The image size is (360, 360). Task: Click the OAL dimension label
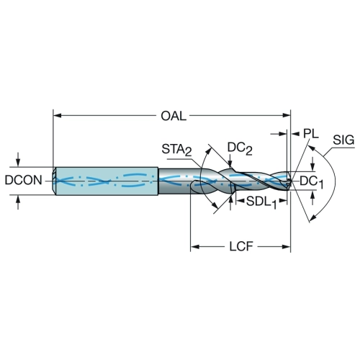174,116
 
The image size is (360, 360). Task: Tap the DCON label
24,180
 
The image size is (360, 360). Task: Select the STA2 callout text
177,150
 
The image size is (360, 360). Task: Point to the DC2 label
240,148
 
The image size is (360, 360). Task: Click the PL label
311,133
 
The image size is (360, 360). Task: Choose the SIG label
343,140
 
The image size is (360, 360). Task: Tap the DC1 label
312,183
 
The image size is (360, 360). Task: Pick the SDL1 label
261,202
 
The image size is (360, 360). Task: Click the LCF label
241,246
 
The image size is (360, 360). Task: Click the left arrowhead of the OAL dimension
57,116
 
